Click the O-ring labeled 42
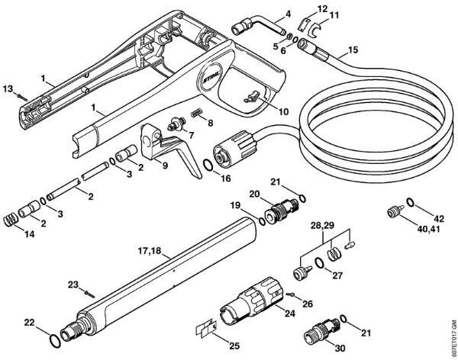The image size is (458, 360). tap(411, 202)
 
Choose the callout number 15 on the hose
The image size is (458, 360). tap(352, 52)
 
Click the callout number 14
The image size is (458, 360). tap(10, 233)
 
